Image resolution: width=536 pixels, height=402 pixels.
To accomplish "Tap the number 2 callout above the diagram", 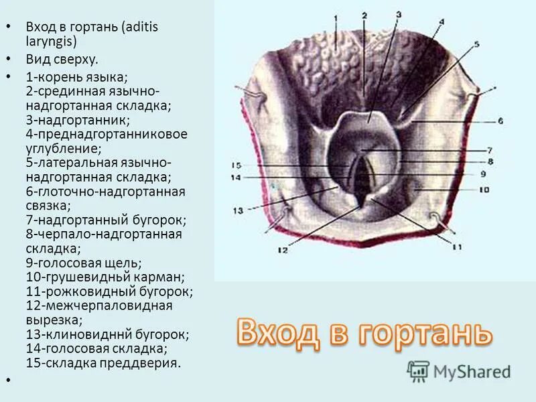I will click(x=364, y=15).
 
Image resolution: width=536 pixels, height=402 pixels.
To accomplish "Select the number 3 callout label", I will click(x=398, y=13).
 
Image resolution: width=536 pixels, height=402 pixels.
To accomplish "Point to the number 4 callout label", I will click(x=442, y=21).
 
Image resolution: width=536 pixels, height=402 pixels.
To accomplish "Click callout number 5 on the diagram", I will click(x=476, y=45).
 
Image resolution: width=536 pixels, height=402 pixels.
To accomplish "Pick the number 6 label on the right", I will click(x=499, y=121).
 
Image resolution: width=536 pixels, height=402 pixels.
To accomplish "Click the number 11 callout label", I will click(x=457, y=247).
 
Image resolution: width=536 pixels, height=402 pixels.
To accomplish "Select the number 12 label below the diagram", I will click(x=282, y=250).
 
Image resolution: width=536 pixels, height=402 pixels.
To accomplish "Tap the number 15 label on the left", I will click(x=236, y=165).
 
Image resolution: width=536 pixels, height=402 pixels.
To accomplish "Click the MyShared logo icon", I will click(x=419, y=370).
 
